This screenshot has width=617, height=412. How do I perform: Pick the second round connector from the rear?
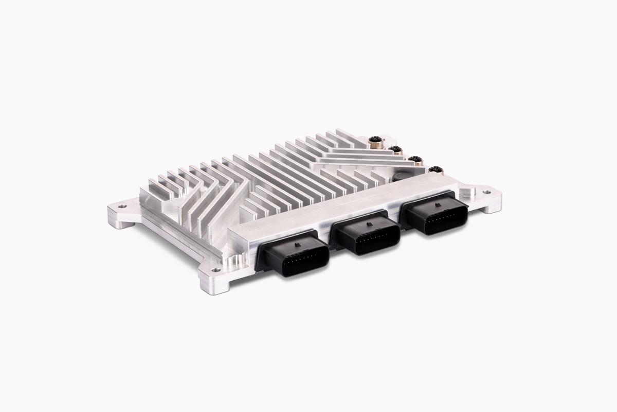395,150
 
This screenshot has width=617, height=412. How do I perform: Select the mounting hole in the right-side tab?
485,192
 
